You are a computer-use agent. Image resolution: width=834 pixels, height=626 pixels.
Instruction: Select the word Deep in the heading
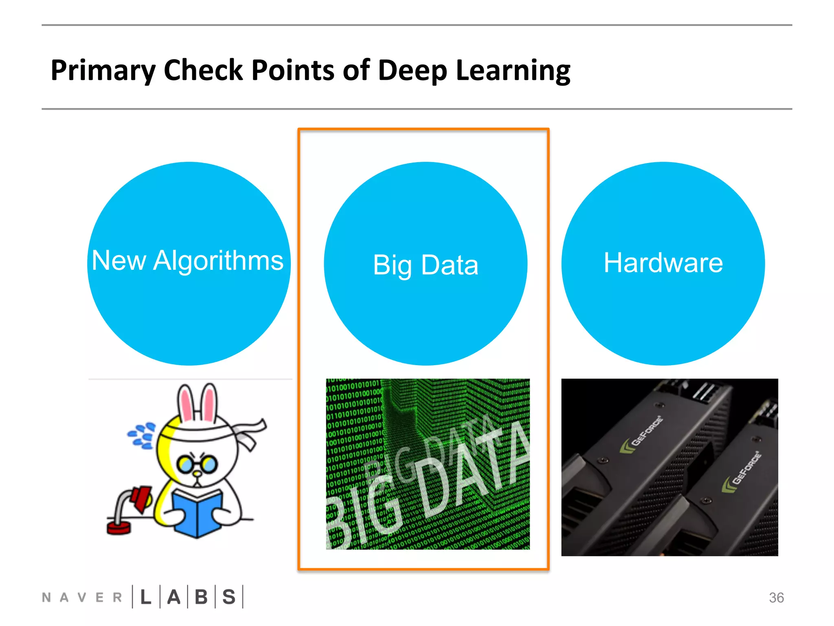point(412,71)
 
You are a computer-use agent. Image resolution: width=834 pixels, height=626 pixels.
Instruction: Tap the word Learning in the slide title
point(513,71)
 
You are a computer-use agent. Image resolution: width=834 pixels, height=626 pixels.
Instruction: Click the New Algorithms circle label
point(188,260)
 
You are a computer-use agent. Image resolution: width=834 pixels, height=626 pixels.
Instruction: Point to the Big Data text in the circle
point(426,265)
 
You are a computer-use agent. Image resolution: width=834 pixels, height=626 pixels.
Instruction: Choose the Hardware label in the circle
point(663,262)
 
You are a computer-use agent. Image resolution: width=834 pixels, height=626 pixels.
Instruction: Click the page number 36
point(776,597)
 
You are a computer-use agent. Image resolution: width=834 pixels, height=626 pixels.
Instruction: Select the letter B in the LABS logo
point(201,597)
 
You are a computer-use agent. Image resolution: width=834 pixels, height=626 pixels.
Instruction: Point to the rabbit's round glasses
point(198,464)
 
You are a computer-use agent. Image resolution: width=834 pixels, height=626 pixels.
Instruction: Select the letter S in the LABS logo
point(229,597)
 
